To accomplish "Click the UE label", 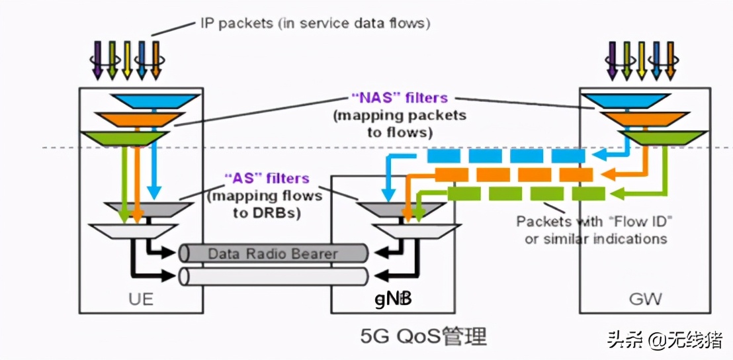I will (x=141, y=298).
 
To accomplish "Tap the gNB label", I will (x=393, y=299).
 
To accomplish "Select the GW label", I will (x=645, y=298).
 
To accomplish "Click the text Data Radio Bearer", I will (x=273, y=253).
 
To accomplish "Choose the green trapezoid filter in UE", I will (x=124, y=138).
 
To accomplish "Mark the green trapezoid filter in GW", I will (x=654, y=138).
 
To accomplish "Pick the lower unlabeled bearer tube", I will (x=273, y=276).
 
